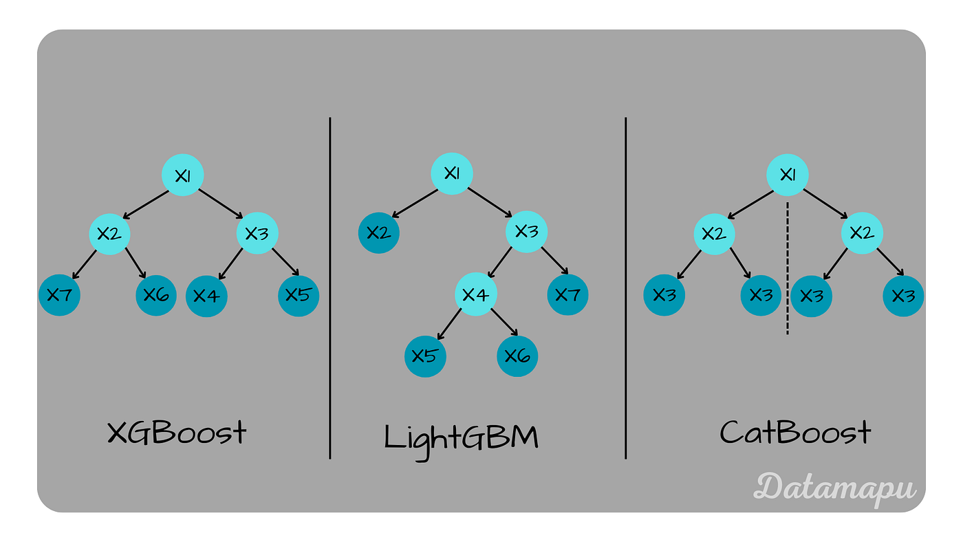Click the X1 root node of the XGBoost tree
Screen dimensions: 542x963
tap(182, 175)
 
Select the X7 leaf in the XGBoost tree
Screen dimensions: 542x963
tap(59, 295)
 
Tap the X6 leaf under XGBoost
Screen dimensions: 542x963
tap(157, 295)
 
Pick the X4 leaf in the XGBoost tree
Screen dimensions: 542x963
tap(206, 296)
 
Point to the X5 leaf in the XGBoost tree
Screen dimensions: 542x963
tap(299, 295)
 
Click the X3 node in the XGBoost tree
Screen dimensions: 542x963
tap(257, 234)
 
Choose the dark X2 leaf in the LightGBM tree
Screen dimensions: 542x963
tap(379, 233)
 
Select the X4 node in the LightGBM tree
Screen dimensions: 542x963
tap(476, 295)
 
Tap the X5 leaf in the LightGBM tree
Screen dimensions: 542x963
tap(425, 356)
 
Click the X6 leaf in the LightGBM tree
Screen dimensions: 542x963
tap(517, 356)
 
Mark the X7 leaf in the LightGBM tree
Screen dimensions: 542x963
tap(567, 295)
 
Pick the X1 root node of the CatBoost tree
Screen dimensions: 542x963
tap(788, 175)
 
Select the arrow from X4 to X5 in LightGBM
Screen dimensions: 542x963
tap(450, 325)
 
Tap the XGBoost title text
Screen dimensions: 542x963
tap(177, 433)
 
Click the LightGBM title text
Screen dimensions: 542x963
tap(461, 437)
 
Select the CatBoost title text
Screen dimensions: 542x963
tap(795, 433)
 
